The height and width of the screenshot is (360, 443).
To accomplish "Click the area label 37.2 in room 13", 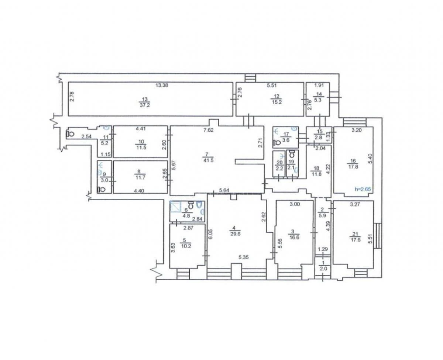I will coord(145,105).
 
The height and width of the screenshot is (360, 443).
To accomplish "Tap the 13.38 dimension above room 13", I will coord(162,86).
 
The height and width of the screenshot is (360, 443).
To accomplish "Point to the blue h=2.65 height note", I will coord(362,189).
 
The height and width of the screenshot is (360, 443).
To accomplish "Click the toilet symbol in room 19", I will coord(292,153).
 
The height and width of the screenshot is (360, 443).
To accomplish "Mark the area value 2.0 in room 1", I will coord(323,269).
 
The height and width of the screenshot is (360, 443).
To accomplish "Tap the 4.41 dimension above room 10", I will coord(141,129).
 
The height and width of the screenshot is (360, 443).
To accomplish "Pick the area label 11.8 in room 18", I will coord(316,174).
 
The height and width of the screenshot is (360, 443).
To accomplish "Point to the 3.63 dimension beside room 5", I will coord(173,246).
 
